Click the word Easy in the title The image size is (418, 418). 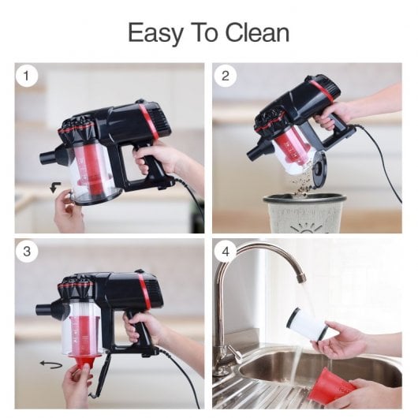(x=155, y=33)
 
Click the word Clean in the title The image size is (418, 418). (x=257, y=32)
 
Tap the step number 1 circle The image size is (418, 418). (x=26, y=76)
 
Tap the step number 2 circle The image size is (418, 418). (x=226, y=76)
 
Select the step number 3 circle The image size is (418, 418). (x=27, y=252)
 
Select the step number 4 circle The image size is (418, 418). (x=226, y=252)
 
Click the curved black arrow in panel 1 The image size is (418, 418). (x=55, y=187)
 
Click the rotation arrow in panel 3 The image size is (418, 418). (x=51, y=364)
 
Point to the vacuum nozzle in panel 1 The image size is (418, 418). (x=51, y=156)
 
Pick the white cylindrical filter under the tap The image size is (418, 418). (x=307, y=324)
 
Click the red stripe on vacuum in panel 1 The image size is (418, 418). (x=149, y=121)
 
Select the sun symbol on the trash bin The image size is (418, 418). (x=306, y=228)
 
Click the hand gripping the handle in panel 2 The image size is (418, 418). (x=334, y=114)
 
